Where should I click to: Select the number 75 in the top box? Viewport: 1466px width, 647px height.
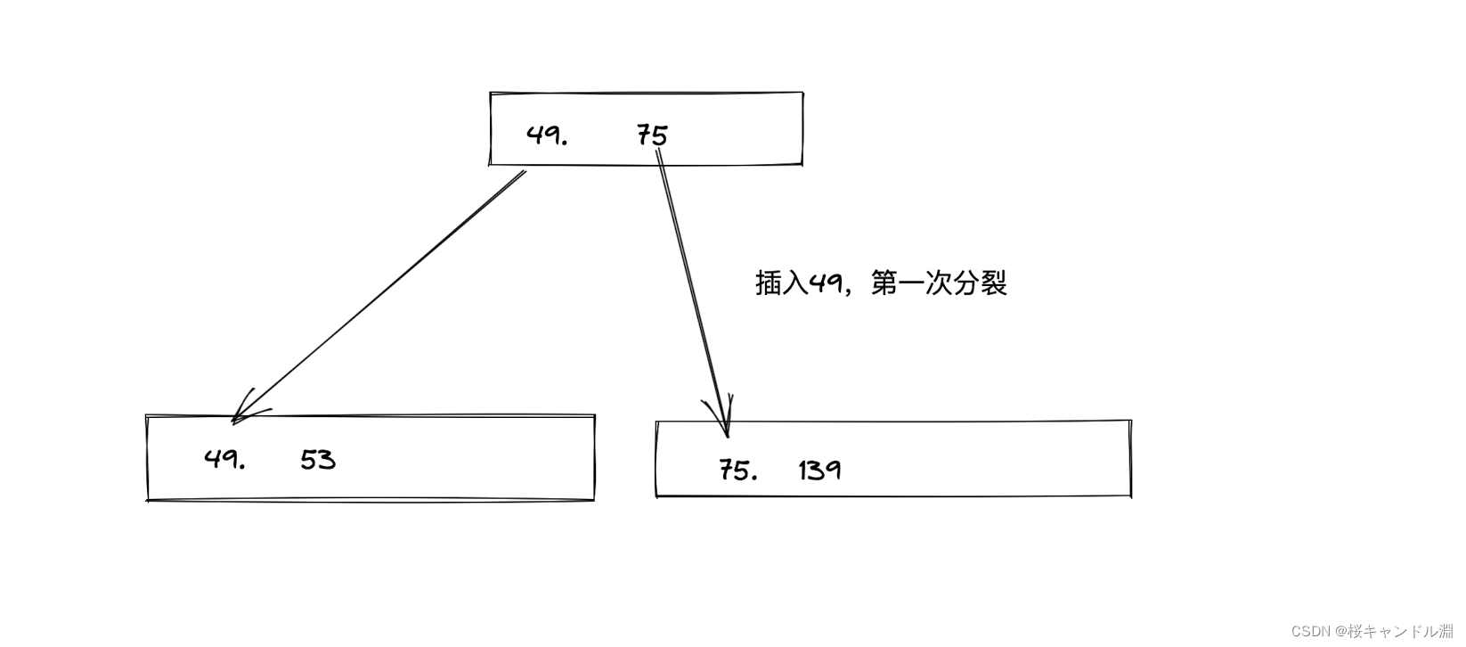652,135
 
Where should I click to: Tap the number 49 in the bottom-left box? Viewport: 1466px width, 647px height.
218,459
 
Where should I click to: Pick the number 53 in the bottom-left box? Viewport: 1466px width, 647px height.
318,460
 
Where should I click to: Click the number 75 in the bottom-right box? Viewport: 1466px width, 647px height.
733,470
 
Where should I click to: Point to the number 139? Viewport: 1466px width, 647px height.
819,470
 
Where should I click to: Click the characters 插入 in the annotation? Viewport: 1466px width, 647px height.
781,284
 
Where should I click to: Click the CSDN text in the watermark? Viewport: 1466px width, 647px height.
1309,632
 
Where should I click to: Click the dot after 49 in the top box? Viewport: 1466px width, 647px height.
565,143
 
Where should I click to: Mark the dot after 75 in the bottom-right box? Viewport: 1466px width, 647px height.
754,478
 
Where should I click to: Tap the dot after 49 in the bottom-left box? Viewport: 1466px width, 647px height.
241,467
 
